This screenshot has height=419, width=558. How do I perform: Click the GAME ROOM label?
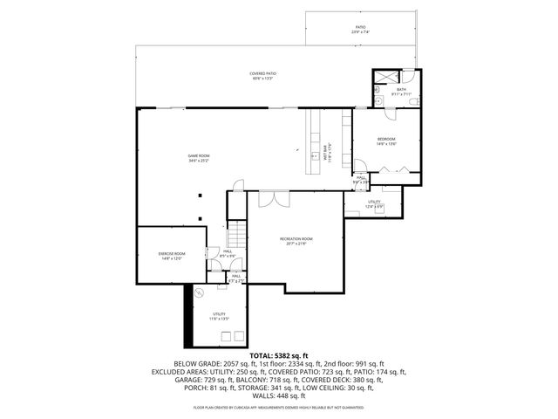pyautogui.click(x=198, y=155)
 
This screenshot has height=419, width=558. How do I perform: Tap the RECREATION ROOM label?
pyautogui.click(x=296, y=238)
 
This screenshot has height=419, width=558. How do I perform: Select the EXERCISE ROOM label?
pyautogui.click(x=171, y=253)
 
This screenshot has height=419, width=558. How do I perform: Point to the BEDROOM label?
pyautogui.click(x=386, y=139)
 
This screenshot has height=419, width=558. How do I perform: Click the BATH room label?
pyautogui.click(x=402, y=88)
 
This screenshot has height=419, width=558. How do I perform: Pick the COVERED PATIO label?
pyautogui.click(x=262, y=74)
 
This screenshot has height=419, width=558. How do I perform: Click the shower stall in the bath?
pyautogui.click(x=382, y=78)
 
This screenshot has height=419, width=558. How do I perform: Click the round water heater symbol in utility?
pyautogui.click(x=198, y=293)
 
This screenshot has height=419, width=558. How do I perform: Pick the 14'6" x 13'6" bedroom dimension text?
pyautogui.click(x=386, y=144)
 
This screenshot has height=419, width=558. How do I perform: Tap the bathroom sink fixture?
pyautogui.click(x=383, y=100)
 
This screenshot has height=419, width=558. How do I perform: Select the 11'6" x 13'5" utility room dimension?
pyautogui.click(x=218, y=319)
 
